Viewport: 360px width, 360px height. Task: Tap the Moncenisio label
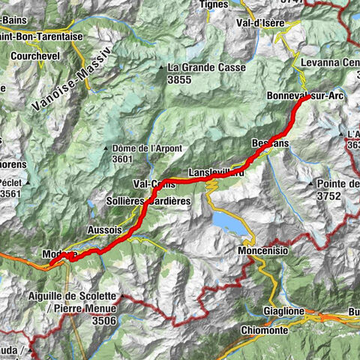[x=263, y=249]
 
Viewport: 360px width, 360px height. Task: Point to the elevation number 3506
[x=103, y=320]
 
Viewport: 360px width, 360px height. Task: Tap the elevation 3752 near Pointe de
[x=327, y=196]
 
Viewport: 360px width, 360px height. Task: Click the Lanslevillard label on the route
[x=216, y=172]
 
